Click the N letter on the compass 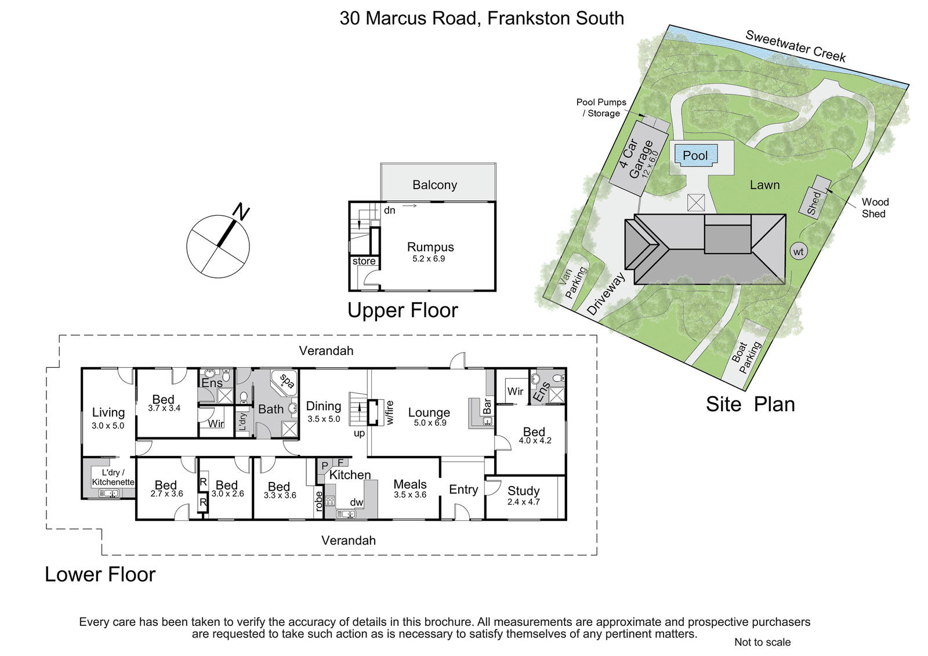[241, 211]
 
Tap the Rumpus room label [430, 247]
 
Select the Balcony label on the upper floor [434, 185]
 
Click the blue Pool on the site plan [695, 155]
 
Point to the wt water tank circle [798, 252]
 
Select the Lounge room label [429, 412]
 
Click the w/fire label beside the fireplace [390, 412]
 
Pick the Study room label [524, 491]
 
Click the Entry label [463, 490]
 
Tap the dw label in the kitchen [356, 502]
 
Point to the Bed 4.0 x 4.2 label [535, 436]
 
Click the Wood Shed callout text [875, 208]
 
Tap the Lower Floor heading [100, 574]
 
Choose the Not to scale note [762, 642]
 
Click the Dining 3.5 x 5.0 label [324, 411]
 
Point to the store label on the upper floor [364, 261]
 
